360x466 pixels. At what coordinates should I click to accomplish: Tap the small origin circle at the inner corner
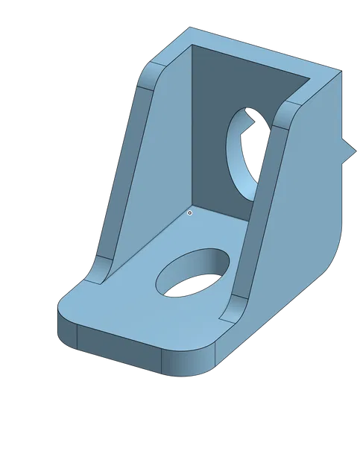pos(190,212)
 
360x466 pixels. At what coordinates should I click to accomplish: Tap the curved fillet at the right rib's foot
pos(233,307)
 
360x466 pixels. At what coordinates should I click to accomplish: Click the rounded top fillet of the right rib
pos(287,112)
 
